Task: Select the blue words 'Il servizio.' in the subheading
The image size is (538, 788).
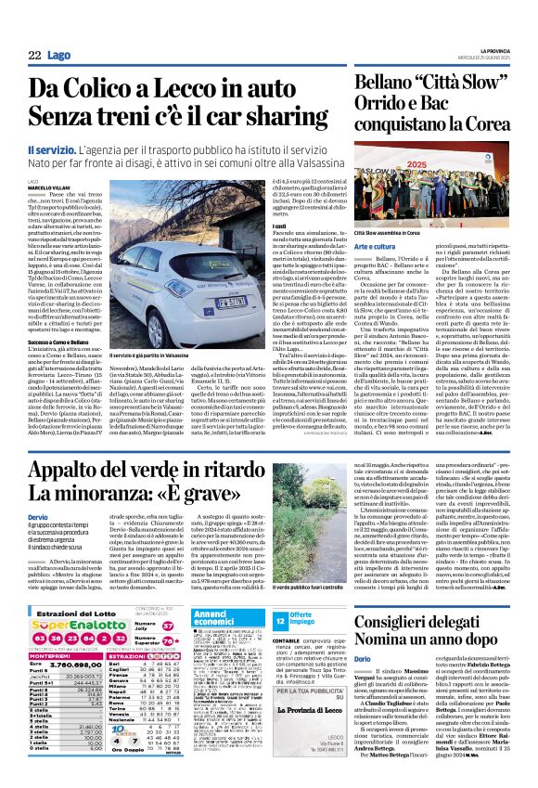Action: coord(52,149)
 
